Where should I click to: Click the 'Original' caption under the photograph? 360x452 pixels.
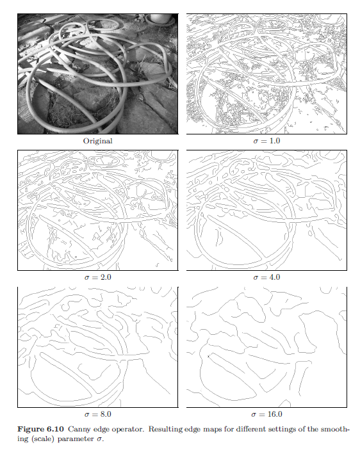tap(97, 141)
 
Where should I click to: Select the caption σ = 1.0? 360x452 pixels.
tap(266, 141)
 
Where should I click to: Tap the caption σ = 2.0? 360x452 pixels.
tap(97, 277)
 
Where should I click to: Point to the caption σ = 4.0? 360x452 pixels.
tap(266, 277)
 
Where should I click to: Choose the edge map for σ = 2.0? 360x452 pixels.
tap(97, 211)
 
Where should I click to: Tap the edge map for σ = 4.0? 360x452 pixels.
tap(266, 211)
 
